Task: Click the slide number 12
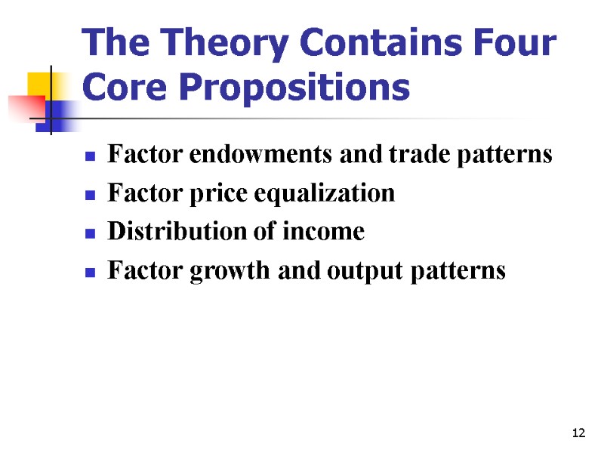coord(579,433)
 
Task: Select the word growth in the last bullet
coord(219,270)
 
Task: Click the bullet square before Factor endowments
coord(90,157)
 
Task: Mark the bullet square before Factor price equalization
coord(90,196)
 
